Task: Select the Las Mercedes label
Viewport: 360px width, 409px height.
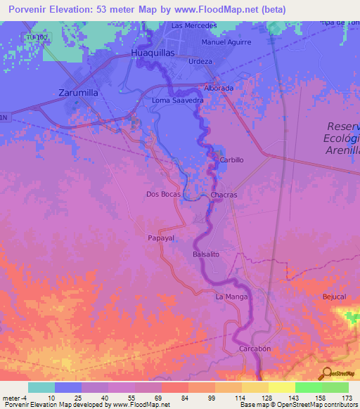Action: point(194,26)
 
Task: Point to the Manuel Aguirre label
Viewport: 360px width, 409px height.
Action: point(225,42)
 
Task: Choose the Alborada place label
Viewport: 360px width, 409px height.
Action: point(218,89)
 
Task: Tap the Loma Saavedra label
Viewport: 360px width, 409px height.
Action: point(178,101)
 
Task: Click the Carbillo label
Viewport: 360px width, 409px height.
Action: point(231,160)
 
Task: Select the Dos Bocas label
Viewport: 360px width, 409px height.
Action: point(163,194)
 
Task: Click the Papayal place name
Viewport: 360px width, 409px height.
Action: point(161,238)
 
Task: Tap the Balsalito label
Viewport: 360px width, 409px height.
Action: point(207,254)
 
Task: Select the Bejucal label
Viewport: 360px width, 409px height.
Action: point(334,297)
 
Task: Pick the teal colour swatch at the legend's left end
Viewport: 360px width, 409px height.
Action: point(41,387)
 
